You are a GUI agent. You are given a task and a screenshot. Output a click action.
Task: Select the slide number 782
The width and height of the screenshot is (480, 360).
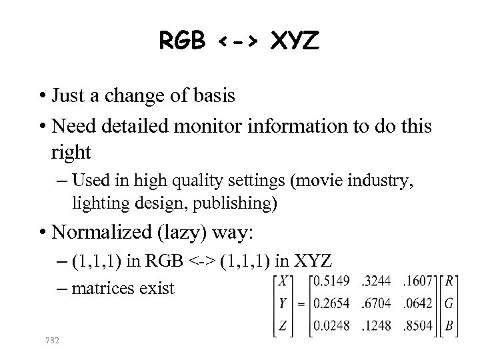tap(51, 341)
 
